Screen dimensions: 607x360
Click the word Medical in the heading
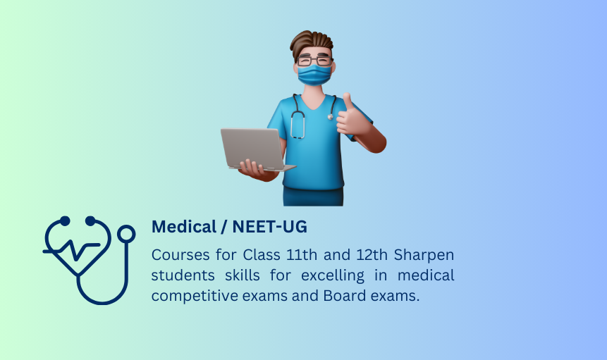[x=184, y=227]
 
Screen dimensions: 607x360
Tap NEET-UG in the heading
[x=270, y=227]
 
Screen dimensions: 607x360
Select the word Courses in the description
[x=180, y=255]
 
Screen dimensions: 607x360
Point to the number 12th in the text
[x=372, y=255]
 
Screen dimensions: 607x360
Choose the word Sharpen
[x=424, y=256]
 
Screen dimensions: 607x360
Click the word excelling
[x=333, y=276]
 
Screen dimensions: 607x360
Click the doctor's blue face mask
[x=314, y=75]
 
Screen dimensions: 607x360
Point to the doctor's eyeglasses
[x=314, y=61]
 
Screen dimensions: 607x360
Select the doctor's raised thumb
[x=347, y=101]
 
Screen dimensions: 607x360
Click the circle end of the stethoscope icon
[x=126, y=235]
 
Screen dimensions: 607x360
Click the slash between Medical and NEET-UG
[x=224, y=227]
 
